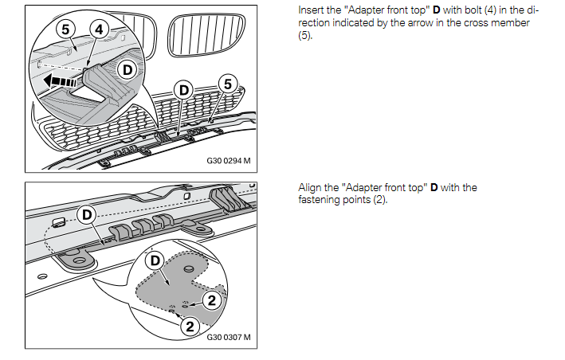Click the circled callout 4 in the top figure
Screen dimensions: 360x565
point(99,29)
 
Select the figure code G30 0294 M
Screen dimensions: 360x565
point(228,161)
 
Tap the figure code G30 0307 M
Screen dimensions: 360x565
point(228,337)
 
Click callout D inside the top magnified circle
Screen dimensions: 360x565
point(125,70)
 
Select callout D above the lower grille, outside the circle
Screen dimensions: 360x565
point(184,89)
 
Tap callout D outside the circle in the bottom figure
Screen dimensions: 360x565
point(85,215)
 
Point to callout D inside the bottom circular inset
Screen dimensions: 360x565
point(157,260)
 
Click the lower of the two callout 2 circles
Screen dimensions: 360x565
point(189,326)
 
